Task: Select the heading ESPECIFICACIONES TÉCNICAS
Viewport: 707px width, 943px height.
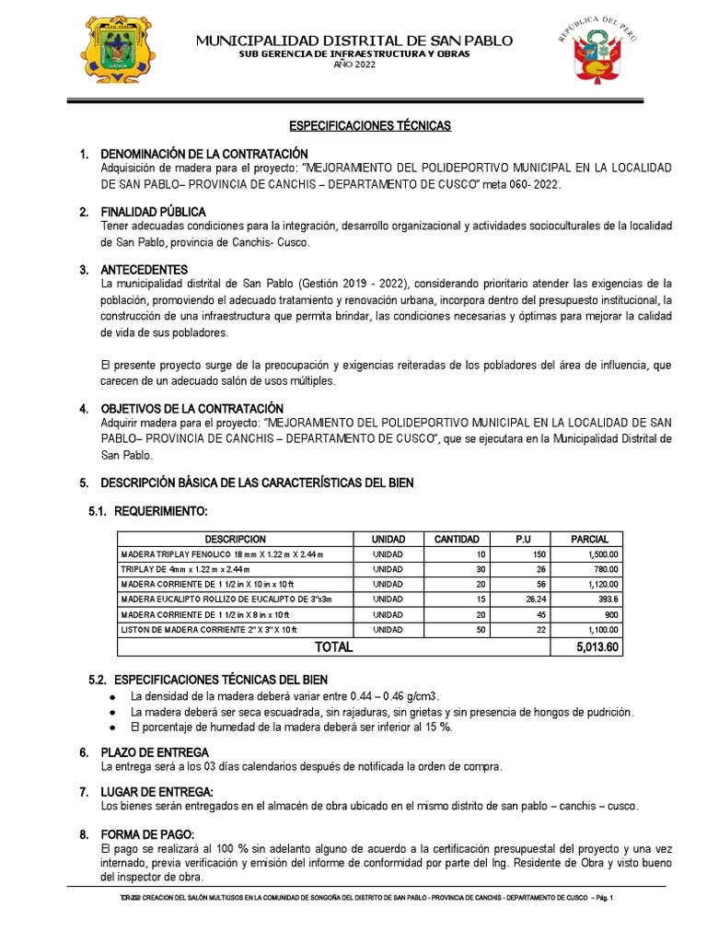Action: tap(371, 125)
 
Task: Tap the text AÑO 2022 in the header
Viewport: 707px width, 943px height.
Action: tap(354, 64)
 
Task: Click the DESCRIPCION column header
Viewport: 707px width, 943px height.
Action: tap(236, 539)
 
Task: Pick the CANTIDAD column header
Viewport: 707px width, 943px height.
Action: tap(457, 539)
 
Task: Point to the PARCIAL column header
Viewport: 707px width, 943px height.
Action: tap(597, 539)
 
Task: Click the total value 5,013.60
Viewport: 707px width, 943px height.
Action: tap(597, 647)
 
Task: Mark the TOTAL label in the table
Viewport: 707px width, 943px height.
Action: tap(333, 647)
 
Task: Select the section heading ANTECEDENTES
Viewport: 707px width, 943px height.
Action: tap(145, 270)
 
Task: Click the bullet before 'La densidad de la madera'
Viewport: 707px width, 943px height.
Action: tap(111, 696)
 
